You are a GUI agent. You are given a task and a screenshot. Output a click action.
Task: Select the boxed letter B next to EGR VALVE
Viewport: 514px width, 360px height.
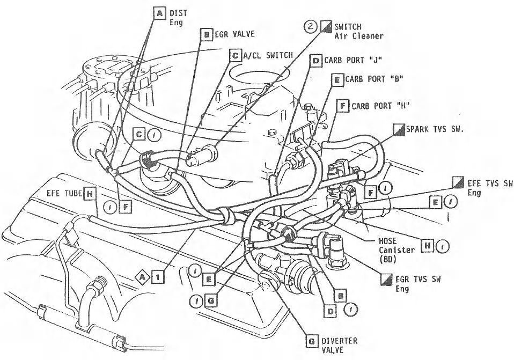205,34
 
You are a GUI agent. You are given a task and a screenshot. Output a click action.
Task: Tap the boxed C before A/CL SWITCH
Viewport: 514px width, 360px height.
235,54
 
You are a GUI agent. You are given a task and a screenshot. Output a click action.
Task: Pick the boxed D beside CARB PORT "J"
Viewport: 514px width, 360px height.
316,60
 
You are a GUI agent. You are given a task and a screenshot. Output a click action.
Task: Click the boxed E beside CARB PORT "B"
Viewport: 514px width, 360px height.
337,80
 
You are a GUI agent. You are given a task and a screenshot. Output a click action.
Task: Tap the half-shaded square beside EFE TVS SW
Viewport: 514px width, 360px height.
458,182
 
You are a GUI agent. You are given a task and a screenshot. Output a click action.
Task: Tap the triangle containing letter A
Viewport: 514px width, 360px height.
142,276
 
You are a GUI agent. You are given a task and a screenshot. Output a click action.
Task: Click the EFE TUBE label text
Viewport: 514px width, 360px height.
62,192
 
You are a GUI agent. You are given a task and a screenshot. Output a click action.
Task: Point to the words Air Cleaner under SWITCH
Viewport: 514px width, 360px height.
359,36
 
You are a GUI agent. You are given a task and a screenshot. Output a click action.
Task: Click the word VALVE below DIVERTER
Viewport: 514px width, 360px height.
333,350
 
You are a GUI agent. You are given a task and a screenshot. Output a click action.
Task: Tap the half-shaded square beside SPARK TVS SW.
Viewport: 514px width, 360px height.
398,129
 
